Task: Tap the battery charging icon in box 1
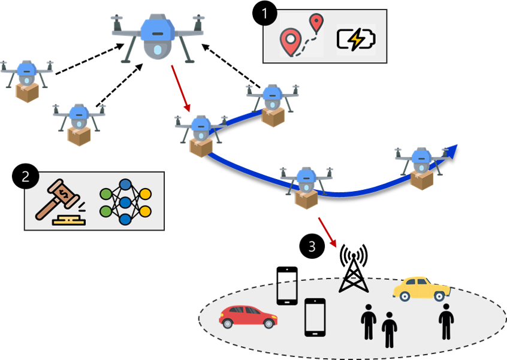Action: [x=356, y=40]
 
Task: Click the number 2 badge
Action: [x=26, y=177]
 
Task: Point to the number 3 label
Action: [x=312, y=246]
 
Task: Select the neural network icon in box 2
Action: [x=125, y=201]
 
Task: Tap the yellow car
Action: [x=421, y=288]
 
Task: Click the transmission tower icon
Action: [x=353, y=283]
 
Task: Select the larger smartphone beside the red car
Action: [x=315, y=317]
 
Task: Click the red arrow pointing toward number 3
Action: [x=327, y=232]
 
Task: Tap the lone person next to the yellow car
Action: [x=445, y=321]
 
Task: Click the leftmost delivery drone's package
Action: [x=27, y=92]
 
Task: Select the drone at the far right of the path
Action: [x=421, y=167]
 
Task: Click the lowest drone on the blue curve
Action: [x=306, y=187]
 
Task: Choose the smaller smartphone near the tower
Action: [x=286, y=292]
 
